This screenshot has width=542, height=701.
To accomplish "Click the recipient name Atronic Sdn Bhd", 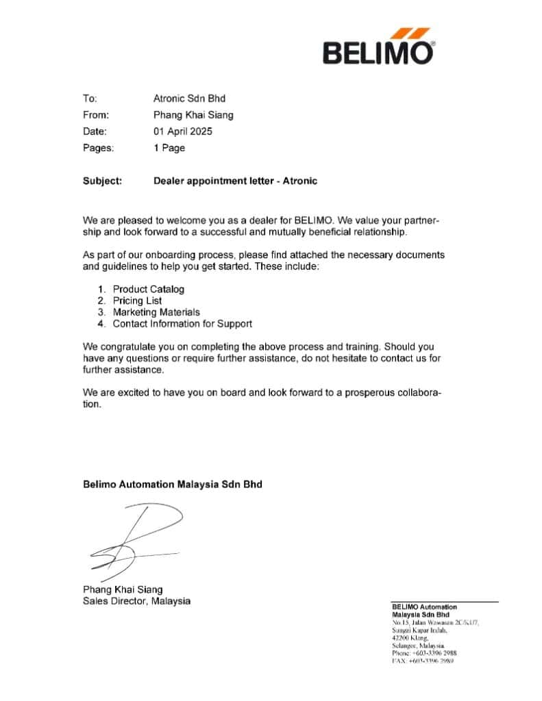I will (189, 99).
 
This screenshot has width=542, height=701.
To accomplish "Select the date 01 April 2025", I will (183, 131).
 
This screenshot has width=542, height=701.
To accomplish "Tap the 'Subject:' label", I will (103, 181).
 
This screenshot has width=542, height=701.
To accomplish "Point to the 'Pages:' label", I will (99, 148).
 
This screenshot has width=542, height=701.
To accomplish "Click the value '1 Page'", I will (169, 148).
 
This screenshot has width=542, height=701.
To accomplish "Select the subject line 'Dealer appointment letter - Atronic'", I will (235, 181).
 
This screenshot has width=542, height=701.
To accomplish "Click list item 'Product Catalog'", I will (149, 290).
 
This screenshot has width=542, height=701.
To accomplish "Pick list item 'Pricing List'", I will (137, 301).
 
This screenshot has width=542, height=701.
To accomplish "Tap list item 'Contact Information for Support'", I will (182, 323).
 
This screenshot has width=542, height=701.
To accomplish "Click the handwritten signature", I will (137, 541).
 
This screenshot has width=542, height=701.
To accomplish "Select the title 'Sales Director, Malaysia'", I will (136, 601).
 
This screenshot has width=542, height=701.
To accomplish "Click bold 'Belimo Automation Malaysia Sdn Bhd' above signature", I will (172, 484).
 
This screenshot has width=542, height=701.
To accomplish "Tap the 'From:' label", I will (96, 115).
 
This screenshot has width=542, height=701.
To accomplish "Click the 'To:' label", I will (90, 99).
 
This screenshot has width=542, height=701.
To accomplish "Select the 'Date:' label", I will (95, 131).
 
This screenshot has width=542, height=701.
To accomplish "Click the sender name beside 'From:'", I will (193, 115).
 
